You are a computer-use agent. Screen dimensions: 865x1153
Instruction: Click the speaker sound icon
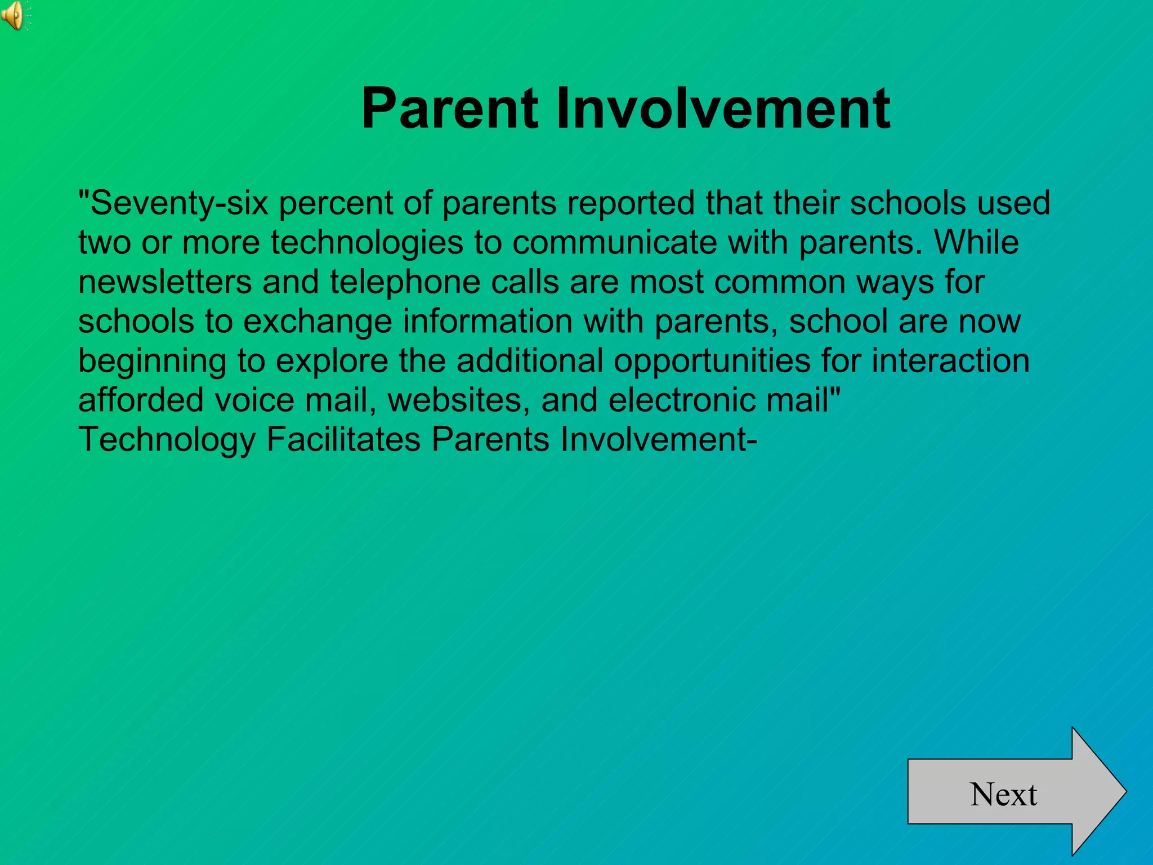14,15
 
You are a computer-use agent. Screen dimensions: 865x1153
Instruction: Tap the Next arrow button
1008,793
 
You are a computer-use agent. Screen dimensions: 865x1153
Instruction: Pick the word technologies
367,243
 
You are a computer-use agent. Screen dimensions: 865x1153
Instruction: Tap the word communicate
614,243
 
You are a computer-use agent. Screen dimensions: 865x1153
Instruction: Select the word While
976,243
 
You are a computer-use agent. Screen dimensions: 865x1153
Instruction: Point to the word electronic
681,400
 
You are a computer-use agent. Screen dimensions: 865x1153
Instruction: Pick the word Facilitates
343,440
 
